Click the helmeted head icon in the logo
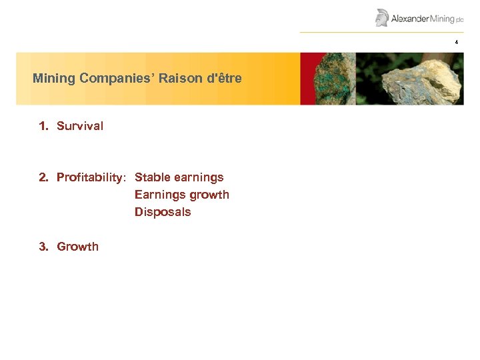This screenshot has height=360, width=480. (x=381, y=17)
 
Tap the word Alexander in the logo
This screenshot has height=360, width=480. (x=409, y=19)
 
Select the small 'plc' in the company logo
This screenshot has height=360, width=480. (x=459, y=21)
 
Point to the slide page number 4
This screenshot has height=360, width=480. (x=457, y=42)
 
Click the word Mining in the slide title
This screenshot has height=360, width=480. (x=54, y=78)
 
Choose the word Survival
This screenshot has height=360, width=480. (x=80, y=126)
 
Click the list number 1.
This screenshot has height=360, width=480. (x=43, y=126)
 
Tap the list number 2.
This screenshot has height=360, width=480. (x=43, y=177)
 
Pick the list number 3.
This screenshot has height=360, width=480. (x=43, y=247)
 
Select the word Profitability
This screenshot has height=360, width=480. (x=91, y=177)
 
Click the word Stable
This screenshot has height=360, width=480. (x=152, y=177)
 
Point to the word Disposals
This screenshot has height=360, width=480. (x=163, y=212)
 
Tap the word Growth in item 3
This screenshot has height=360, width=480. (x=77, y=247)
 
